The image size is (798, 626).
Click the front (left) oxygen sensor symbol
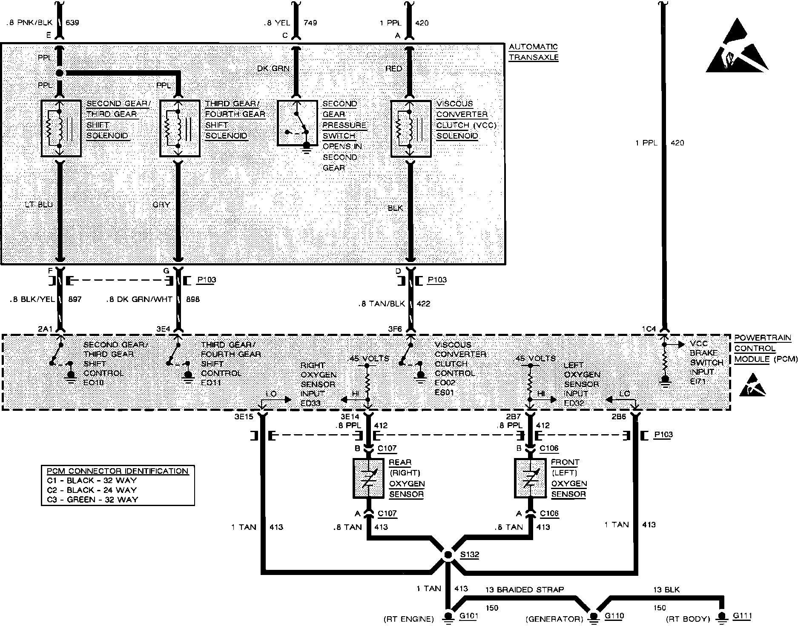click(x=530, y=478)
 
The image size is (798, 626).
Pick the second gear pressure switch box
click(x=297, y=123)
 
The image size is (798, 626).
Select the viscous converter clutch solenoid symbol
click(x=410, y=128)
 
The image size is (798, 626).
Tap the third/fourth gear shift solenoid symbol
click(x=179, y=128)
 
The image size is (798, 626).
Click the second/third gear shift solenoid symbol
click(x=61, y=128)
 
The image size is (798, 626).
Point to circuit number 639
click(x=72, y=23)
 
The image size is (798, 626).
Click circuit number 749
click(x=310, y=23)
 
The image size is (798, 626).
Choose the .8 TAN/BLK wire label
click(x=382, y=304)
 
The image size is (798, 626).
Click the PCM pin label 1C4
click(x=649, y=328)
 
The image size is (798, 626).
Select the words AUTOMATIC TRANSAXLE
click(x=533, y=52)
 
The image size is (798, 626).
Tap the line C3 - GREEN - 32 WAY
click(x=92, y=499)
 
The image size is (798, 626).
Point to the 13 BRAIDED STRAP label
click(x=525, y=590)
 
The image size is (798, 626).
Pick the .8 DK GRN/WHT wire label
click(x=139, y=299)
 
